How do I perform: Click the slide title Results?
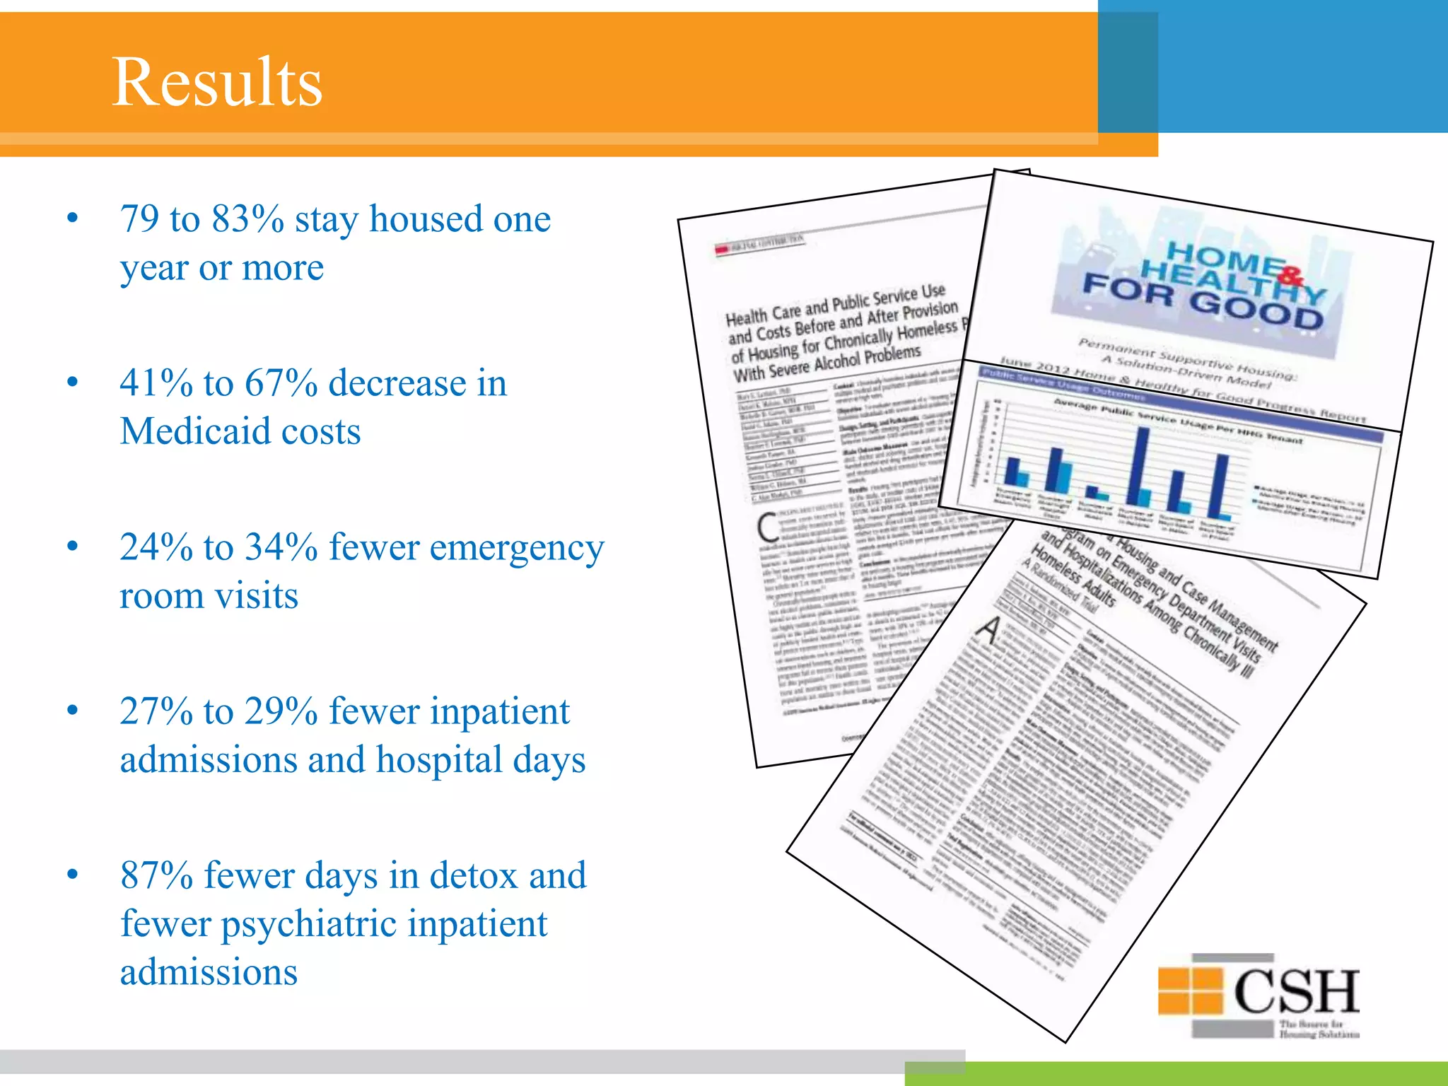click(217, 82)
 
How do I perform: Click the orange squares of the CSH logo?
click(1190, 991)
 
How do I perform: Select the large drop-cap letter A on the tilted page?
click(989, 629)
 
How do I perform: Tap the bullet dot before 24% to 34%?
click(72, 547)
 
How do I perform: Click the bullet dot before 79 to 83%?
click(72, 218)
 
